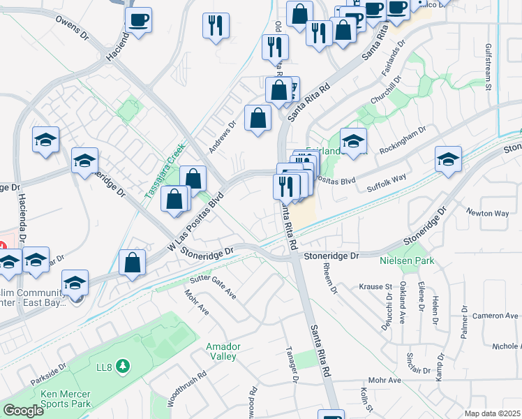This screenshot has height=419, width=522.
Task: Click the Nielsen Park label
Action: [x=407, y=261]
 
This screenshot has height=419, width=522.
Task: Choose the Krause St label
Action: [x=375, y=287]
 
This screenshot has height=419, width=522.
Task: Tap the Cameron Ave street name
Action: [x=495, y=316]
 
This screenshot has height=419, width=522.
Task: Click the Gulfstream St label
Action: [x=489, y=67]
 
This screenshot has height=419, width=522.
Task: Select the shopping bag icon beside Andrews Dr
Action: [x=258, y=117]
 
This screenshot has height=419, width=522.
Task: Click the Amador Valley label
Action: [x=223, y=351]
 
